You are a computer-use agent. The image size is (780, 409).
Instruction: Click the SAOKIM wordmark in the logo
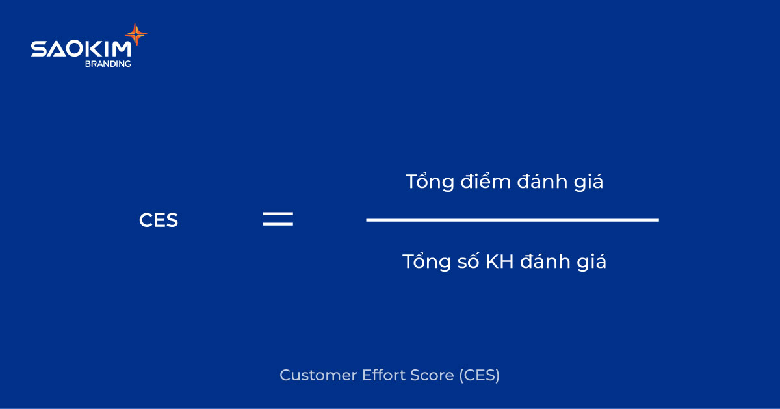click(x=81, y=49)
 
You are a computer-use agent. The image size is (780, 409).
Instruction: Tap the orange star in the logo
click(x=136, y=34)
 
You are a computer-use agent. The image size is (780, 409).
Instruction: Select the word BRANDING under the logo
click(x=108, y=64)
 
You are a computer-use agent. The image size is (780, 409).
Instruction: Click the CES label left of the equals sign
click(x=159, y=220)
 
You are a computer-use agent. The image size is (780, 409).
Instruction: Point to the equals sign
click(x=278, y=219)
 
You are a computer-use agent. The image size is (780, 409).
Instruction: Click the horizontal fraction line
click(x=512, y=220)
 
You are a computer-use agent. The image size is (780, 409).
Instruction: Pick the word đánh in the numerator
click(x=541, y=182)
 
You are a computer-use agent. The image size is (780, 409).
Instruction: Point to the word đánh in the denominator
click(x=544, y=261)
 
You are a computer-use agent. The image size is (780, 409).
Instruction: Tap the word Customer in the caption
click(x=311, y=375)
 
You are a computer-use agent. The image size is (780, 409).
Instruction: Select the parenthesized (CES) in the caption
click(x=480, y=375)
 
